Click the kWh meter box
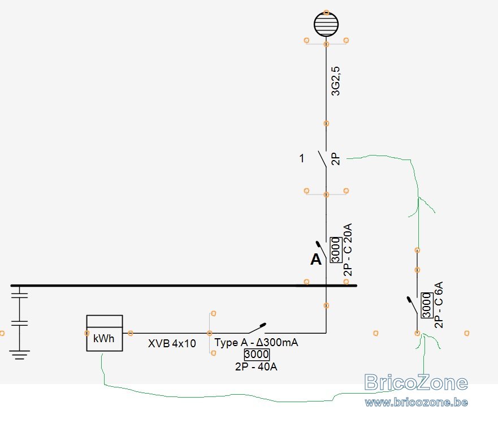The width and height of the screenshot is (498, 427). pos(105,333)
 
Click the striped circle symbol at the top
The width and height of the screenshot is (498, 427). pos(326,24)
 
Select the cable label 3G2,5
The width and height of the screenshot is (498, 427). pos(335,81)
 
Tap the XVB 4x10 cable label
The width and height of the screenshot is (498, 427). pos(172,343)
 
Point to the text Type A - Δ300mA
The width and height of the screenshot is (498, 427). pos(256,342)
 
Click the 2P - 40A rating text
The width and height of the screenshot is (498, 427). pos(256,366)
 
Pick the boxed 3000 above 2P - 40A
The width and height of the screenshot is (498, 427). pos(257,354)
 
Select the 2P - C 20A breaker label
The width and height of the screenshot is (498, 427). pos(348,250)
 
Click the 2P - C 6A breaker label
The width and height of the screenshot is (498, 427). pos(439,305)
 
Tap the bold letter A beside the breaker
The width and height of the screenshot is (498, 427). pos(316,259)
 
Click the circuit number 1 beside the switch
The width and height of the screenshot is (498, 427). pos(302,158)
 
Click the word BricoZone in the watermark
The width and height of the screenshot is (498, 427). pos(415,382)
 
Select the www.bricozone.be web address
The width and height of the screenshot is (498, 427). pos(416,402)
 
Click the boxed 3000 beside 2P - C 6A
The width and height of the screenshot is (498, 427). pos(427,305)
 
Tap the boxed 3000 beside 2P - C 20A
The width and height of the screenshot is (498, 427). pos(336,250)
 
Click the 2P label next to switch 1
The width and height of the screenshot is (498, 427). pos(336,159)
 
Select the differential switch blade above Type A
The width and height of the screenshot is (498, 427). pos(257,329)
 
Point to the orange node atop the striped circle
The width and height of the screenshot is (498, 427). pos(326,12)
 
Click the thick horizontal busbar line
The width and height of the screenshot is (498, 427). pos(184,286)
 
